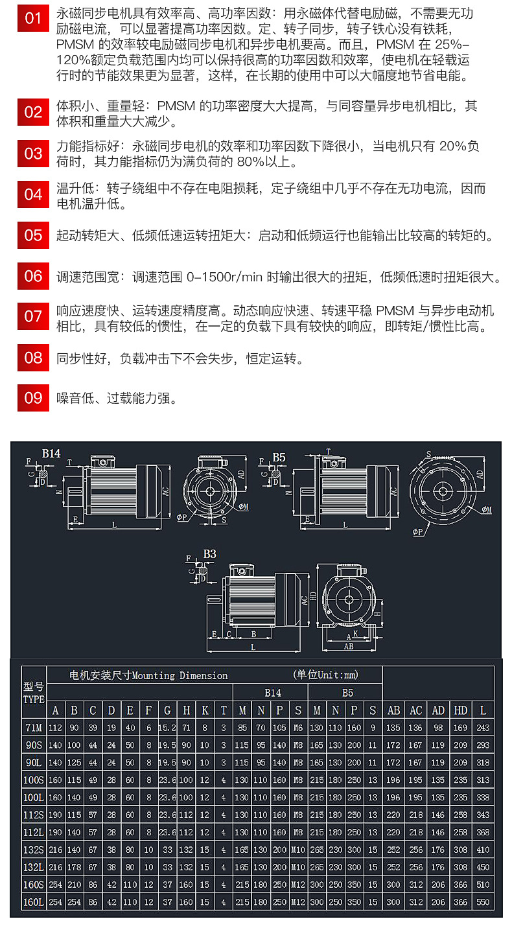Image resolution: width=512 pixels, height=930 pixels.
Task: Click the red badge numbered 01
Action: click(x=33, y=19)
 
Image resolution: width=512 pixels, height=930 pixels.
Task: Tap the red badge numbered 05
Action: click(x=33, y=236)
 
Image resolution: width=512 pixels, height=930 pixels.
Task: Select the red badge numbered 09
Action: click(x=33, y=398)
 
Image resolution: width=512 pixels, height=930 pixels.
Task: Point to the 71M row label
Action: click(x=34, y=728)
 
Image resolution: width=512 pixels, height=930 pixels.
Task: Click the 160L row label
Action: click(x=34, y=901)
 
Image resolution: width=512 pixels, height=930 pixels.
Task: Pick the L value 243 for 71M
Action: click(x=483, y=728)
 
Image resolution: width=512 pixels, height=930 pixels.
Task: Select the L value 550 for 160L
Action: click(x=483, y=901)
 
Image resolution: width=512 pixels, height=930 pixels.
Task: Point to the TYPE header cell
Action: click(x=34, y=700)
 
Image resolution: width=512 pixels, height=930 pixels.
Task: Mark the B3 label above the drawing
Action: click(x=209, y=554)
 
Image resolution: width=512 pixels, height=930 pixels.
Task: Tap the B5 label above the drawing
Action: click(x=279, y=458)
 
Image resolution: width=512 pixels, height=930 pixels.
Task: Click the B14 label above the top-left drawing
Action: click(x=51, y=454)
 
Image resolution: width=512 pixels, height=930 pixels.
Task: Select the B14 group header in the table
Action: click(x=273, y=692)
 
